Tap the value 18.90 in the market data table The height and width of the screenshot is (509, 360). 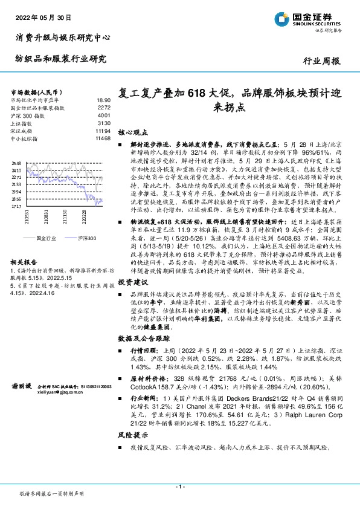coord(104,100)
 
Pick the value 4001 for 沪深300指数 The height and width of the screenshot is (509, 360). coord(104,115)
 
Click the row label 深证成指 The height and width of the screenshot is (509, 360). coord(23,131)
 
